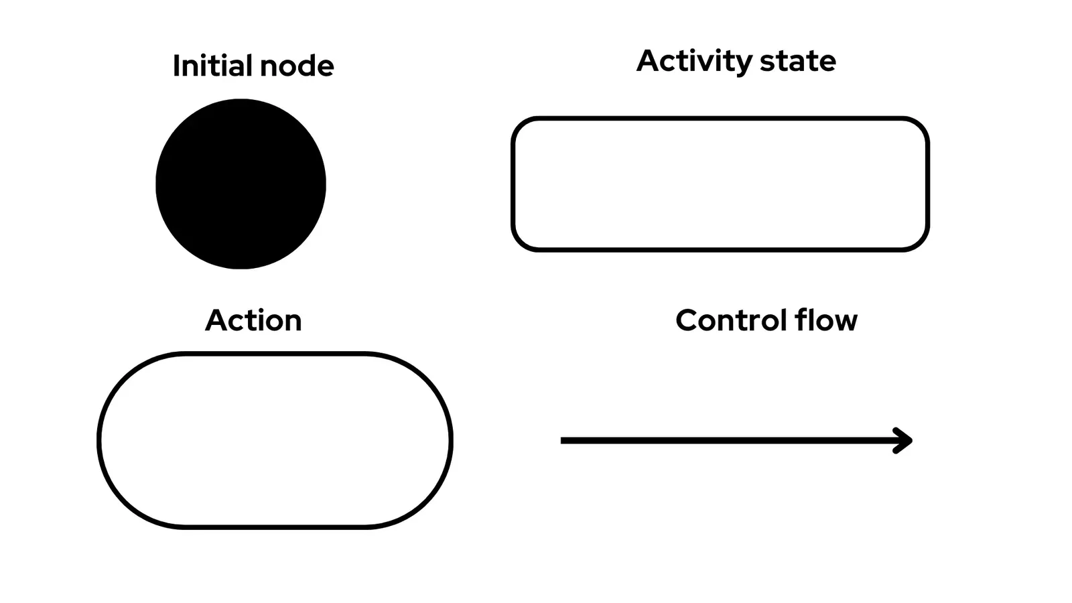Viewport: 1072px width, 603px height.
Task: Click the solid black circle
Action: tap(241, 184)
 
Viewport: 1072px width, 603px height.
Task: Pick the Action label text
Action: tap(253, 320)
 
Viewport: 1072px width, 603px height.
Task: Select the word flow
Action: tap(826, 320)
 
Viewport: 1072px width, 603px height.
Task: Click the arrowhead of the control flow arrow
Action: tap(907, 440)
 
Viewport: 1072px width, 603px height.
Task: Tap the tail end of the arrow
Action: tap(563, 440)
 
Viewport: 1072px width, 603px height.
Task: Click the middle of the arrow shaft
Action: tap(734, 440)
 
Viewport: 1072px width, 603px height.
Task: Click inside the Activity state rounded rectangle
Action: tap(720, 184)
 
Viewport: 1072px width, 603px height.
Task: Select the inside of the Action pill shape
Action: tap(275, 440)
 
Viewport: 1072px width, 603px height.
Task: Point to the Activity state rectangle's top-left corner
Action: tap(520, 125)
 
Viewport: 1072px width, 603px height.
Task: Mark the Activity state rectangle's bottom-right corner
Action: tap(921, 243)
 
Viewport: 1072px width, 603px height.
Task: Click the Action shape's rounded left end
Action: tap(100, 440)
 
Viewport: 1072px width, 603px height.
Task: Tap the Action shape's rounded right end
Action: tap(450, 440)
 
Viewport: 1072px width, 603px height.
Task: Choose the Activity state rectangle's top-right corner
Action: tap(921, 125)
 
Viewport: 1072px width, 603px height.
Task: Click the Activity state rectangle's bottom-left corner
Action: tap(520, 243)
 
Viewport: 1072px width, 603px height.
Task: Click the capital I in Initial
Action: tap(176, 66)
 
